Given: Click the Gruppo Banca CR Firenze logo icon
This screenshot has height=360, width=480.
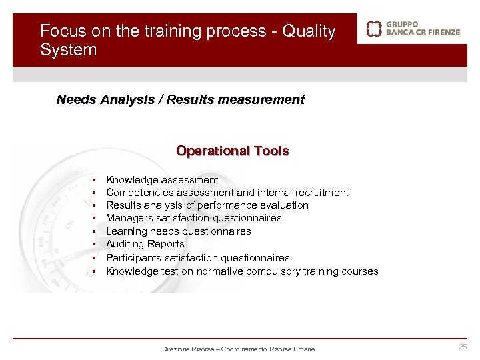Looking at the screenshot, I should click(x=374, y=29).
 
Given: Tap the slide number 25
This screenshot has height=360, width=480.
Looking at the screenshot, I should click(x=463, y=347).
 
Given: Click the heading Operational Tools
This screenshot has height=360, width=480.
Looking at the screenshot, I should click(x=232, y=151).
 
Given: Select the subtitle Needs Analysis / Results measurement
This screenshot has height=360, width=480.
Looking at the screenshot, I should click(x=180, y=100).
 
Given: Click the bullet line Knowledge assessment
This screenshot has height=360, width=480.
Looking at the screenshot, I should click(x=162, y=180).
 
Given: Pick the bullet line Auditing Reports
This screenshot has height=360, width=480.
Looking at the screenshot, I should click(x=145, y=244).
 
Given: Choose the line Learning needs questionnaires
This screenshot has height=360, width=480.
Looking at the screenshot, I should click(x=178, y=231).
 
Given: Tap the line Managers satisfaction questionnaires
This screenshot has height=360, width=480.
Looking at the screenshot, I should click(x=193, y=218).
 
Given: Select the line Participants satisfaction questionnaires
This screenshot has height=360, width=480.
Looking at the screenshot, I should click(x=197, y=257).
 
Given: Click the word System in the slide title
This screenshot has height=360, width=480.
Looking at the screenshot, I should click(x=68, y=50).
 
